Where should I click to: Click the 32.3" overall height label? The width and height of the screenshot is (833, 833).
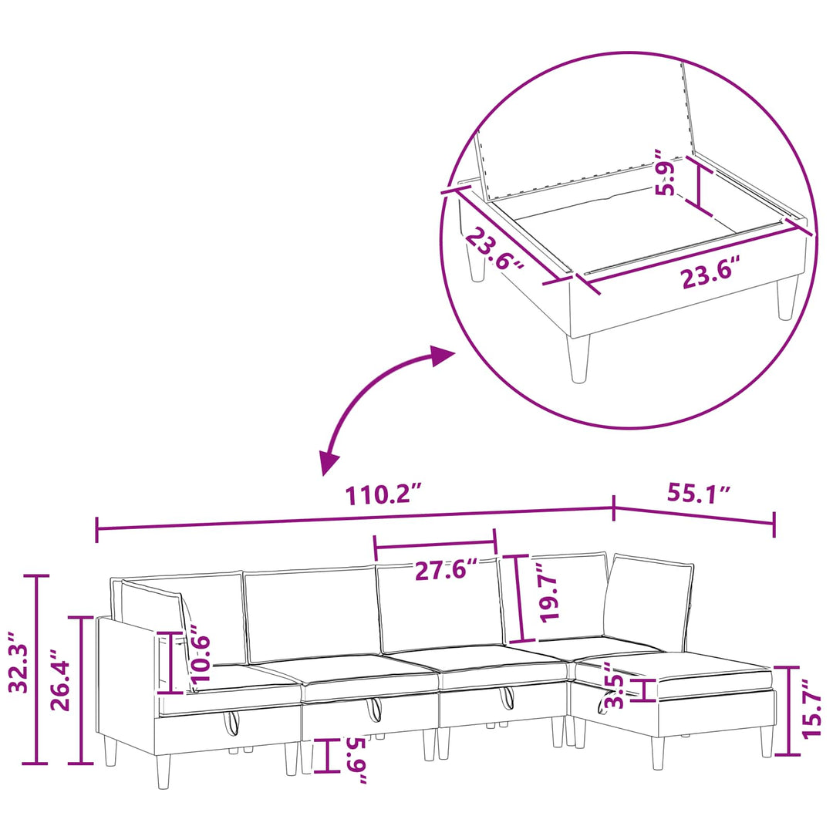(19, 662)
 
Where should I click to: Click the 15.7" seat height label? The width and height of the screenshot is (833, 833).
(813, 708)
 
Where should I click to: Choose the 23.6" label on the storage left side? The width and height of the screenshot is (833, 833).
(494, 248)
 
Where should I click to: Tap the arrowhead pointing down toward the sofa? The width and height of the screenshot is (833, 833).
(329, 463)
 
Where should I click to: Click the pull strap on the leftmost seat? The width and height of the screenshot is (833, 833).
(231, 723)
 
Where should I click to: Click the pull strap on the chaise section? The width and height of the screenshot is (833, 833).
(603, 703)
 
